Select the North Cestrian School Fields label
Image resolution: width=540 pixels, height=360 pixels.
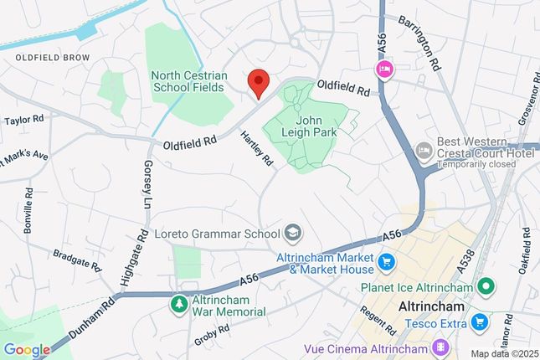(x=188, y=80)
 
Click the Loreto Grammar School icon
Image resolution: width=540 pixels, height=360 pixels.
(x=293, y=232)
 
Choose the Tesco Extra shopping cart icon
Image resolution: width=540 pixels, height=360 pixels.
(x=479, y=321)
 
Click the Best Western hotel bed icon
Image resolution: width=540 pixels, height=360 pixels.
(x=424, y=149)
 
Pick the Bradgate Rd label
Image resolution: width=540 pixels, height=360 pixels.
(x=76, y=259)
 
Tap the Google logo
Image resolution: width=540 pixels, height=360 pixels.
(x=27, y=349)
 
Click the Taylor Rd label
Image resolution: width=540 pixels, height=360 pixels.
(x=23, y=121)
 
